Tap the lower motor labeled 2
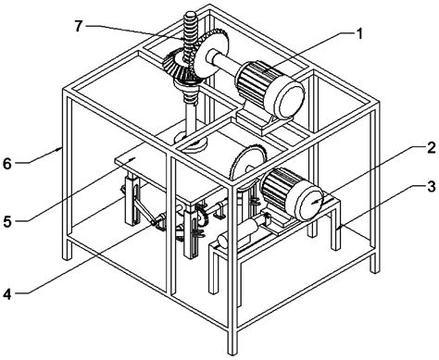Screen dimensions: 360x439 tap(288, 190)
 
